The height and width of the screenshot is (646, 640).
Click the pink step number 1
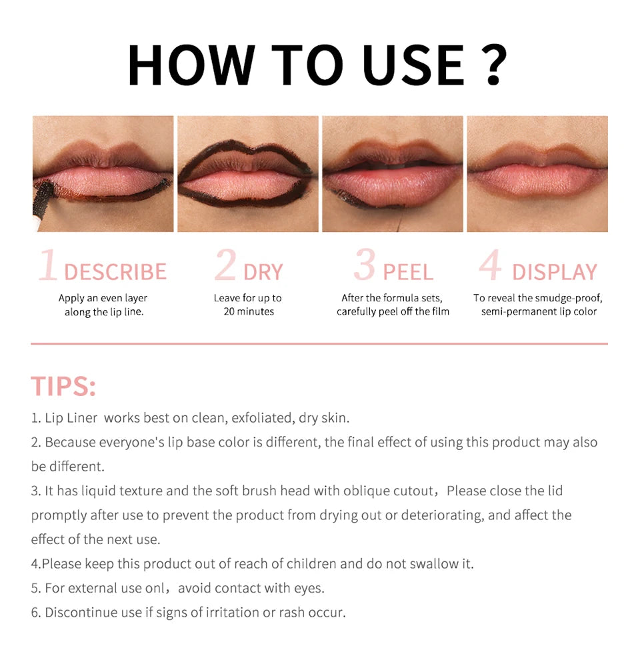48,266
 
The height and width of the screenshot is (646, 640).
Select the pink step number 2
225,266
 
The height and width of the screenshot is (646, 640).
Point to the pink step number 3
365,266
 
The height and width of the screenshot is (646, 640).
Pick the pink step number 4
490,266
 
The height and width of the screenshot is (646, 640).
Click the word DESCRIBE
115,272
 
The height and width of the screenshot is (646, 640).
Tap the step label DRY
263,272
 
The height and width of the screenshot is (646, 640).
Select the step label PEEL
408,272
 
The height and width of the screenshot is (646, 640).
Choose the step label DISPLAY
555,272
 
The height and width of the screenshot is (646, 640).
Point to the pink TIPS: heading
63,386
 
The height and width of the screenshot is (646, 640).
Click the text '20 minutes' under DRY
249,311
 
